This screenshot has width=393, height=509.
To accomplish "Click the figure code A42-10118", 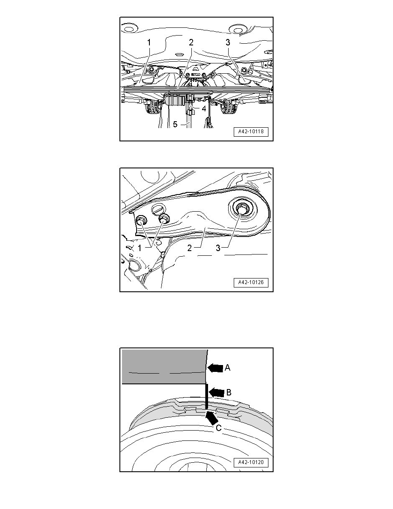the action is pyautogui.click(x=251, y=132).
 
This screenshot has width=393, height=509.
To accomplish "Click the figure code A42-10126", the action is pyautogui.click(x=251, y=282).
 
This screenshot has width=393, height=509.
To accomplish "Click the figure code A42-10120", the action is pyautogui.click(x=251, y=463).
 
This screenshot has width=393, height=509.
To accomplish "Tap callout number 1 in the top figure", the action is pyautogui.click(x=149, y=42).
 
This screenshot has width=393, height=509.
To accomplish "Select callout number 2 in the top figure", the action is pyautogui.click(x=191, y=42).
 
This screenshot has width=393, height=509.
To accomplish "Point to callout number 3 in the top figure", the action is pyautogui.click(x=228, y=42).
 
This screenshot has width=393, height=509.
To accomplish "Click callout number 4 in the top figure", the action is pyautogui.click(x=204, y=109).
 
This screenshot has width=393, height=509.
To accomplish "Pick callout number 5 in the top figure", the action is pyautogui.click(x=175, y=124).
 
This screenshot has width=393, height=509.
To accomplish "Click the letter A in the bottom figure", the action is pyautogui.click(x=227, y=368).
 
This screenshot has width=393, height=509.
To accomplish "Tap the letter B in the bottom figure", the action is pyautogui.click(x=228, y=392).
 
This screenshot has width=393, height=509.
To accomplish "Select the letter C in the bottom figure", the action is pyautogui.click(x=219, y=428).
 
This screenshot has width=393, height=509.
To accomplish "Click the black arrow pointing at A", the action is pyautogui.click(x=215, y=368).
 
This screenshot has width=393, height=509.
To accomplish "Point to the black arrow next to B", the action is pyautogui.click(x=216, y=392).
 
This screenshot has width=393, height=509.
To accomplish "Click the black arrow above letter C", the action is pyautogui.click(x=212, y=417).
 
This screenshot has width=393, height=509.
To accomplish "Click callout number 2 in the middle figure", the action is pyautogui.click(x=190, y=248).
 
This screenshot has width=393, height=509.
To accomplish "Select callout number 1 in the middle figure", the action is pyautogui.click(x=140, y=248).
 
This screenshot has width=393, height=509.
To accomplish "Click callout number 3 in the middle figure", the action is pyautogui.click(x=218, y=248).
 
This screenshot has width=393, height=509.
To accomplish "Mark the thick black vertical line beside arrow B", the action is pyautogui.click(x=206, y=397).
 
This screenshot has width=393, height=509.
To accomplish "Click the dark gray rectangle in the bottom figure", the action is pyautogui.click(x=164, y=367).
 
